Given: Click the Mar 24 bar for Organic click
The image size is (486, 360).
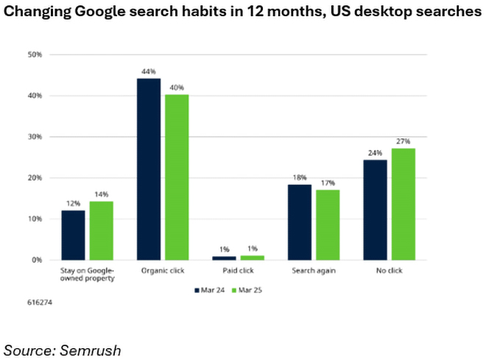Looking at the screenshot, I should [x=149, y=169].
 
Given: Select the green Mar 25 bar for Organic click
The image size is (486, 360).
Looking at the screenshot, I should [x=177, y=177].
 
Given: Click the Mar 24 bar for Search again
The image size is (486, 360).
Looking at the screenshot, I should [x=300, y=222].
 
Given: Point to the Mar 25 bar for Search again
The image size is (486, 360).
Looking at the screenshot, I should [x=328, y=225].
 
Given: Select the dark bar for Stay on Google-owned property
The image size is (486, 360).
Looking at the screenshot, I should [x=73, y=235].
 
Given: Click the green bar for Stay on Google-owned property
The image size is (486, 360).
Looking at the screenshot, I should [x=101, y=230].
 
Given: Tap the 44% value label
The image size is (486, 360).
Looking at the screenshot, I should [x=148, y=71].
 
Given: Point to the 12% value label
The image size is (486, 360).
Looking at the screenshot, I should [x=73, y=203].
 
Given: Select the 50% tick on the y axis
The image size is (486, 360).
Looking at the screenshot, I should [x=35, y=54].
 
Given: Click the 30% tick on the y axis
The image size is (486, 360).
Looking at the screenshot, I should [x=35, y=137].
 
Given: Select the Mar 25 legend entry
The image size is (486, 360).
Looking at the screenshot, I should [x=249, y=290].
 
